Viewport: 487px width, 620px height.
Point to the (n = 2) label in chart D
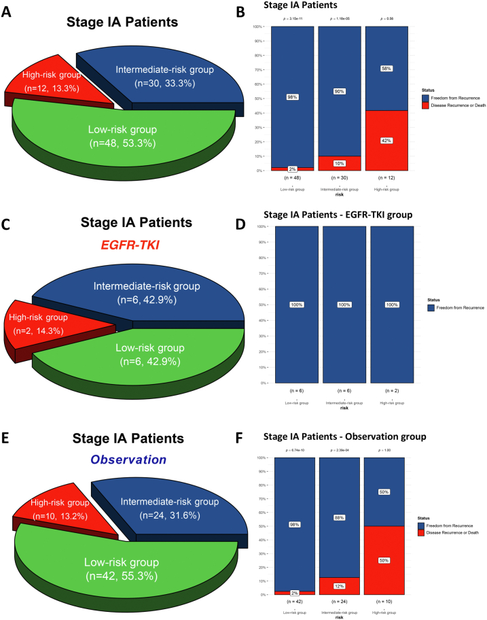pyautogui.click(x=386, y=391)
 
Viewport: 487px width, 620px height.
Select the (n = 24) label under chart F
pyautogui.click(x=340, y=602)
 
